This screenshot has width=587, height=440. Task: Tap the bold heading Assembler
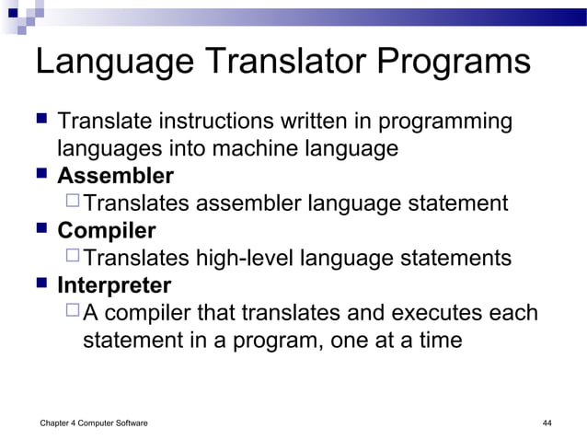click(x=115, y=175)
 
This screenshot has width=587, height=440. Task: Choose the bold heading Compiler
click(x=107, y=230)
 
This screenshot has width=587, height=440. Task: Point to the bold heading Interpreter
click(x=114, y=284)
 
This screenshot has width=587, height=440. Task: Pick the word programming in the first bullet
click(x=439, y=122)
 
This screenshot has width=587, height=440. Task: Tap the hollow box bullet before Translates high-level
click(x=74, y=257)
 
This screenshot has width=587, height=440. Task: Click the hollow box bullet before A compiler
click(x=74, y=312)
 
